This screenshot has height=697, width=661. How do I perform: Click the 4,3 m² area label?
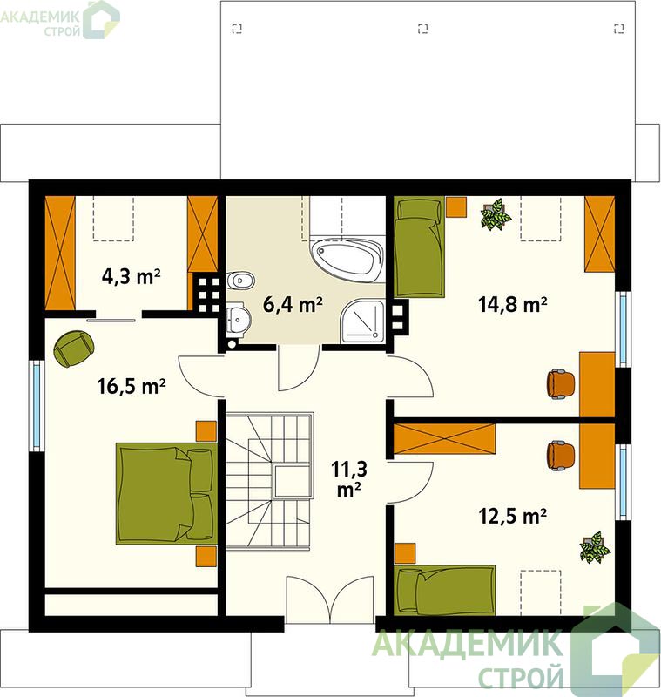point(131,277)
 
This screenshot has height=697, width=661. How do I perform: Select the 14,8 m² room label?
point(513,305)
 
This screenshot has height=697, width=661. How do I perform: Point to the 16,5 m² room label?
point(132,386)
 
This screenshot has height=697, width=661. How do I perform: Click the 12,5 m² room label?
point(512,516)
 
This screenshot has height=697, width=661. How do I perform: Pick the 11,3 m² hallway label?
point(348,478)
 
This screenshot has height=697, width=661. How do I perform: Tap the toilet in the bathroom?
point(240,281)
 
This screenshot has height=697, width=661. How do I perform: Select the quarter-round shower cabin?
point(362,321)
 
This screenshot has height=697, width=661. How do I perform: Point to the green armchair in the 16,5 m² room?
point(74,348)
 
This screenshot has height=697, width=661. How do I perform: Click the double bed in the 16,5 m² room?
point(165,493)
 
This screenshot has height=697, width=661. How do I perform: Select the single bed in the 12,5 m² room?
point(445,590)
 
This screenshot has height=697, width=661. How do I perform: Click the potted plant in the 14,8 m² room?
point(496,214)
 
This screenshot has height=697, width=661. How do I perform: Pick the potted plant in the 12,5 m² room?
point(594,547)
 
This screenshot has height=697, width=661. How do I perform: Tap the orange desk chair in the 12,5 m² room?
point(561,456)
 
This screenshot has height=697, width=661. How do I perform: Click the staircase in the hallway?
point(269,481)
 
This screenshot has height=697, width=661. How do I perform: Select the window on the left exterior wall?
point(37,404)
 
